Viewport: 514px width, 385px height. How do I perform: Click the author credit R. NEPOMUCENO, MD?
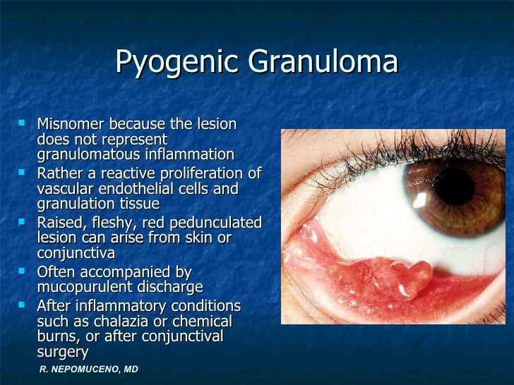coord(88,369)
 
